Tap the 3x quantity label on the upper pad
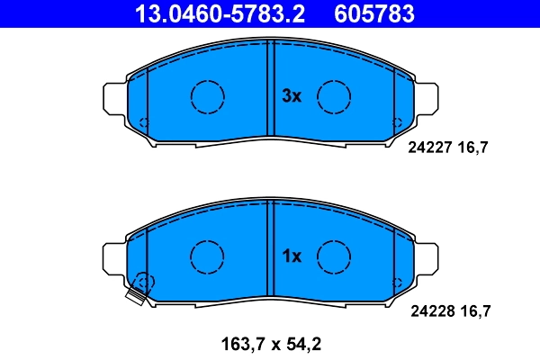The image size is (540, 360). pyautogui.click(x=291, y=95)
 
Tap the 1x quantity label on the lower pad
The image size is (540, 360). pyautogui.click(x=291, y=256)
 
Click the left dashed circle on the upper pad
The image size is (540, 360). pyautogui.click(x=207, y=95)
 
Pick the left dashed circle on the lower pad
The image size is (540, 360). pyautogui.click(x=207, y=256)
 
